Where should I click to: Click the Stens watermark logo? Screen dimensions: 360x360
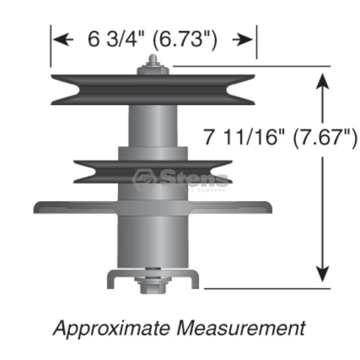183,179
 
